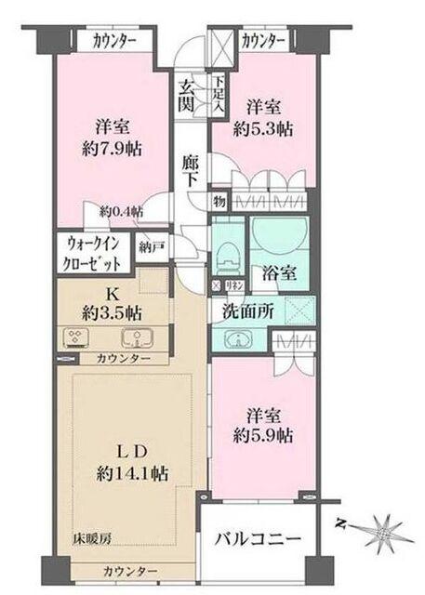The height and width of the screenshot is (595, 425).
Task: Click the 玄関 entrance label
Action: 188,94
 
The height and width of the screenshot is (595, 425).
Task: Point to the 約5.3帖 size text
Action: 268,127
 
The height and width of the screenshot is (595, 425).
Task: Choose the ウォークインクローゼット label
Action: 94,254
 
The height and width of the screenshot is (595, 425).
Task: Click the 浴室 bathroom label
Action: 284,276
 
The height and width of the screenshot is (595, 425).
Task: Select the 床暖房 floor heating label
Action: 94,537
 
